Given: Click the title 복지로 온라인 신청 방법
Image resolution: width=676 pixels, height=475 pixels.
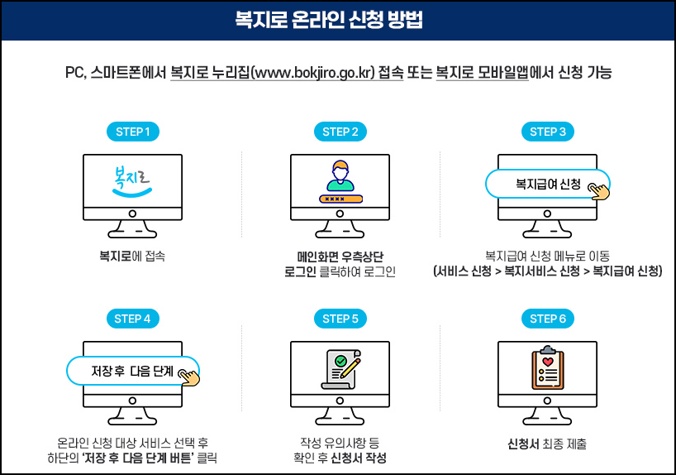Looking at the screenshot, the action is tap(338, 20).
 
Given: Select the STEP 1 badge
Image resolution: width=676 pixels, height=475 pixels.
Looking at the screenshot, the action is tap(132, 132).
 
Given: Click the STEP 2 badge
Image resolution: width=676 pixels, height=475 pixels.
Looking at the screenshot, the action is tap(340, 132).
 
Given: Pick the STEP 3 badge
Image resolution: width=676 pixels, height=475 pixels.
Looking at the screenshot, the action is tap(547, 132).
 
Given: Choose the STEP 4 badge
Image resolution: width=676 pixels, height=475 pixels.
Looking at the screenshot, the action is tap(132, 319).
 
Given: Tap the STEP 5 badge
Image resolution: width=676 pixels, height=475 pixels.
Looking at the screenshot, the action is tap(340, 319).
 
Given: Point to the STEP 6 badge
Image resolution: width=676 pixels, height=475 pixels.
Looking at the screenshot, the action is tap(547, 319).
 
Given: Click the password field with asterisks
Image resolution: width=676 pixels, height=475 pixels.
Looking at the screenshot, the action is tap(340, 199).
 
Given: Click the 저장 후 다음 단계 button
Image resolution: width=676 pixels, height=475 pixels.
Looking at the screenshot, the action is tap(132, 371).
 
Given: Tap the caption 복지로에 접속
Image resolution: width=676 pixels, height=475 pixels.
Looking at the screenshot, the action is tap(132, 256).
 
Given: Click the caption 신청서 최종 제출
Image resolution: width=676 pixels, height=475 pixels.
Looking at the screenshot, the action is tap(547, 444).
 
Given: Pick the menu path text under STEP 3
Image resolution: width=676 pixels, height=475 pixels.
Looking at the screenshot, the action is tap(547, 271).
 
